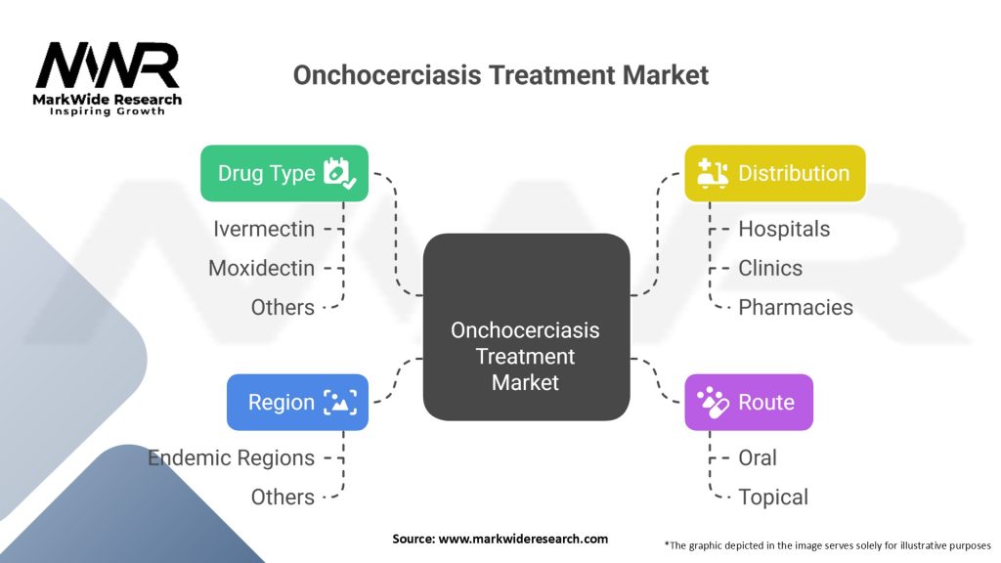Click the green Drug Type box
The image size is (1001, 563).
click(284, 174)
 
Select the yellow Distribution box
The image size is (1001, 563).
click(774, 174)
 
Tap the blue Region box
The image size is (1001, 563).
click(297, 402)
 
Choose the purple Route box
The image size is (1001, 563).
click(748, 402)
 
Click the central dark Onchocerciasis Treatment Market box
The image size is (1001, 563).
click(525, 327)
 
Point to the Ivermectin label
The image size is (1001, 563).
click(264, 229)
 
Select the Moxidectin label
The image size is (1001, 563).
click(261, 268)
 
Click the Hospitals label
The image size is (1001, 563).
click(784, 229)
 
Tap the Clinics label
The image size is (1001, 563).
click(770, 268)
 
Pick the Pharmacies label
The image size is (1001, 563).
click(795, 307)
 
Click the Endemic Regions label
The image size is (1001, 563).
click(232, 457)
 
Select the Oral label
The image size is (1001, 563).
click(758, 457)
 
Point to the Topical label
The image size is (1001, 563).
click(773, 497)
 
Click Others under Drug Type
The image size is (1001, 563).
click(283, 307)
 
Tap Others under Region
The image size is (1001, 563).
click(283, 497)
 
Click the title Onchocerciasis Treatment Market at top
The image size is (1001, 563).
click(500, 75)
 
